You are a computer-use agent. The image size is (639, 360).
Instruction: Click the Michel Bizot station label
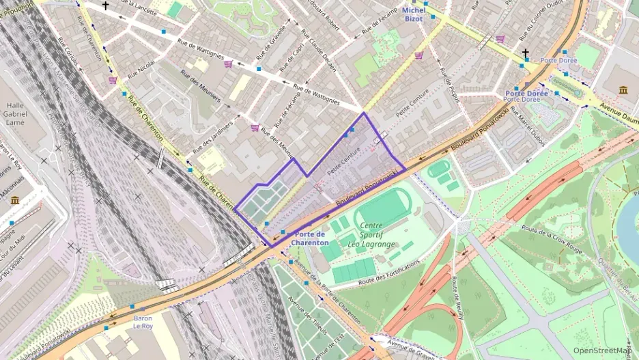point(413,14)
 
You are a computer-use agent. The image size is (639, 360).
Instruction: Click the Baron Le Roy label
point(143,322)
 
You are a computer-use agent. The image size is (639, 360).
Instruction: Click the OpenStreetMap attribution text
point(601,350)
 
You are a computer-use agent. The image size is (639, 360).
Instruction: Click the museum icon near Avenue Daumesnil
point(623,89)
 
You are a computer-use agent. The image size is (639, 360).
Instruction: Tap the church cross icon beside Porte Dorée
point(526,53)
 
